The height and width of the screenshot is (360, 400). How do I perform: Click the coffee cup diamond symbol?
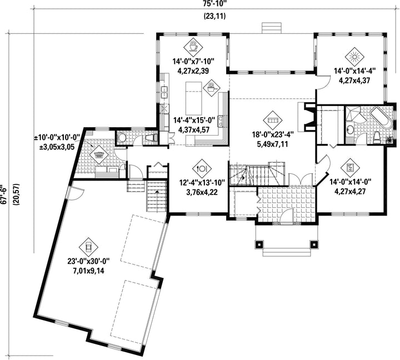193,48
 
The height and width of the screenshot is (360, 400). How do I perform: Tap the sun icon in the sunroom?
354,57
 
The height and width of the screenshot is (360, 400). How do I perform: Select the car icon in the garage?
88,247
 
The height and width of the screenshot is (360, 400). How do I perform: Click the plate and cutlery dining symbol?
202,168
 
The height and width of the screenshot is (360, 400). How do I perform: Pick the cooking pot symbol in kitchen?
211,88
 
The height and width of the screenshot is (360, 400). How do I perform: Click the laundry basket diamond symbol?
99,155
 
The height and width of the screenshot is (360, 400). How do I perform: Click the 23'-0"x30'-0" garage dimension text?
88,261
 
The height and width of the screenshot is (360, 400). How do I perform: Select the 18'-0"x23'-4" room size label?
273,134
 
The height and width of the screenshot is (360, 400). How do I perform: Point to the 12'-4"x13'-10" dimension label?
202,182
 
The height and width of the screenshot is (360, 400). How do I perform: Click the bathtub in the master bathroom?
381,118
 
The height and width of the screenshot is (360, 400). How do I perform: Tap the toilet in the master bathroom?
377,138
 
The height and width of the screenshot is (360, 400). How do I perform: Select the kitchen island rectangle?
194,98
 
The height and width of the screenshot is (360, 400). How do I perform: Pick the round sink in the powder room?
122,138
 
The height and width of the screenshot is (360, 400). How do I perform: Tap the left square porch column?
259,244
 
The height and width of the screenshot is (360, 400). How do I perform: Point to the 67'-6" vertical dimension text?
3,194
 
